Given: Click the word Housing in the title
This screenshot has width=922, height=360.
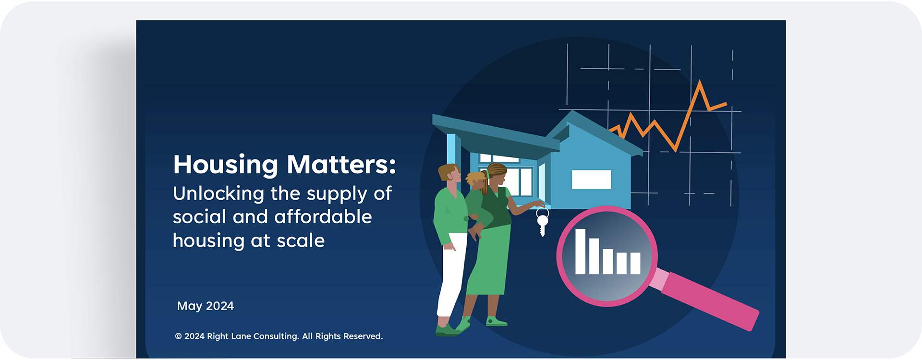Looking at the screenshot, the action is click(x=226, y=165).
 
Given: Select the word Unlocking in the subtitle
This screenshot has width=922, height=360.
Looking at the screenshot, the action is click(x=218, y=194).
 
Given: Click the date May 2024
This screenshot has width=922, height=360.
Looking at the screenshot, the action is click(x=206, y=306).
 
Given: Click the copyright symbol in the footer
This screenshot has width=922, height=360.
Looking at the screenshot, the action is click(x=178, y=336).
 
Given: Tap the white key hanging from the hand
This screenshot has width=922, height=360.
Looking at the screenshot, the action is click(x=542, y=222).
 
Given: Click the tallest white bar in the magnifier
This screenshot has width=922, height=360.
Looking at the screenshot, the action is click(x=581, y=252).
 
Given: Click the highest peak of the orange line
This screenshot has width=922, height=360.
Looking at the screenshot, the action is click(x=700, y=81).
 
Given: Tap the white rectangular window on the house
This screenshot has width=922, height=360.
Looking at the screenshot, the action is click(x=592, y=180).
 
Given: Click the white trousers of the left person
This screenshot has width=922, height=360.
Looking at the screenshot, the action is click(x=451, y=274).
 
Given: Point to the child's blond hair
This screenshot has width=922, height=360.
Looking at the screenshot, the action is click(x=475, y=177).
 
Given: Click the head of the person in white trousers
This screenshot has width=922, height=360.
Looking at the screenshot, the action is click(x=449, y=175).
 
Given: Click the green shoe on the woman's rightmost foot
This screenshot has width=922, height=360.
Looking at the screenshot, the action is click(x=496, y=322).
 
